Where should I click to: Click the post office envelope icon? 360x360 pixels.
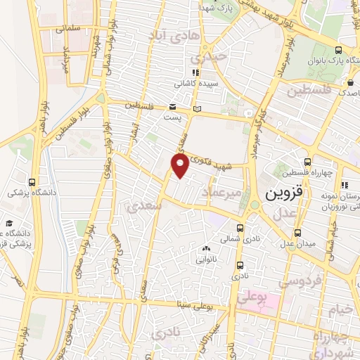tap(173, 108)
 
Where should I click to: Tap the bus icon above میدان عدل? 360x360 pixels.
tap(299, 232)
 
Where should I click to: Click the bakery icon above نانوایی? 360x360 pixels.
tap(206, 247)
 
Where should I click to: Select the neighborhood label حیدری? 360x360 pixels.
tap(212, 56)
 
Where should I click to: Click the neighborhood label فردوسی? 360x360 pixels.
tap(300, 281)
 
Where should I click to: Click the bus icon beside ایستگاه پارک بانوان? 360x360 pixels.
tap(339, 50)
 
